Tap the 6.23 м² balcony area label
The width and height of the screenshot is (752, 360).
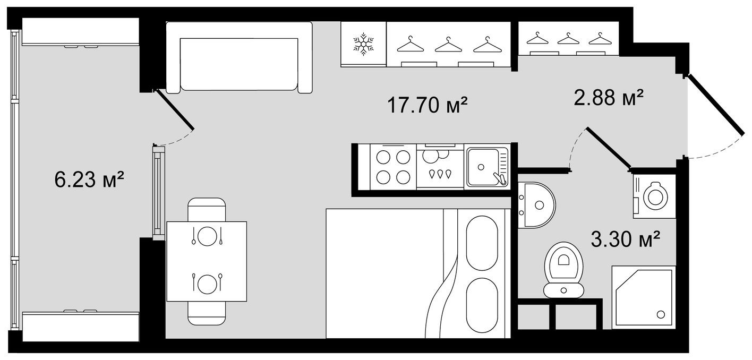point(89,179)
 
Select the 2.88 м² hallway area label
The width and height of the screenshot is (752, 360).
point(609,97)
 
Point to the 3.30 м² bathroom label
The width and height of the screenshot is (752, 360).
point(625,239)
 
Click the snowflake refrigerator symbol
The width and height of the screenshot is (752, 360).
point(363,44)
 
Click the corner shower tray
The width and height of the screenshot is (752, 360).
point(644,297)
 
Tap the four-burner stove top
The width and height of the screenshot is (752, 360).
point(394,167)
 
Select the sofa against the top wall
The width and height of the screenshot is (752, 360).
point(239,57)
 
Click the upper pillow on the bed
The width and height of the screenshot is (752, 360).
point(481,242)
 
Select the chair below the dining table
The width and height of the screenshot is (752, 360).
point(207,314)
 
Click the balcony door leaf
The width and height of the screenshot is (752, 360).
point(175,110)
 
